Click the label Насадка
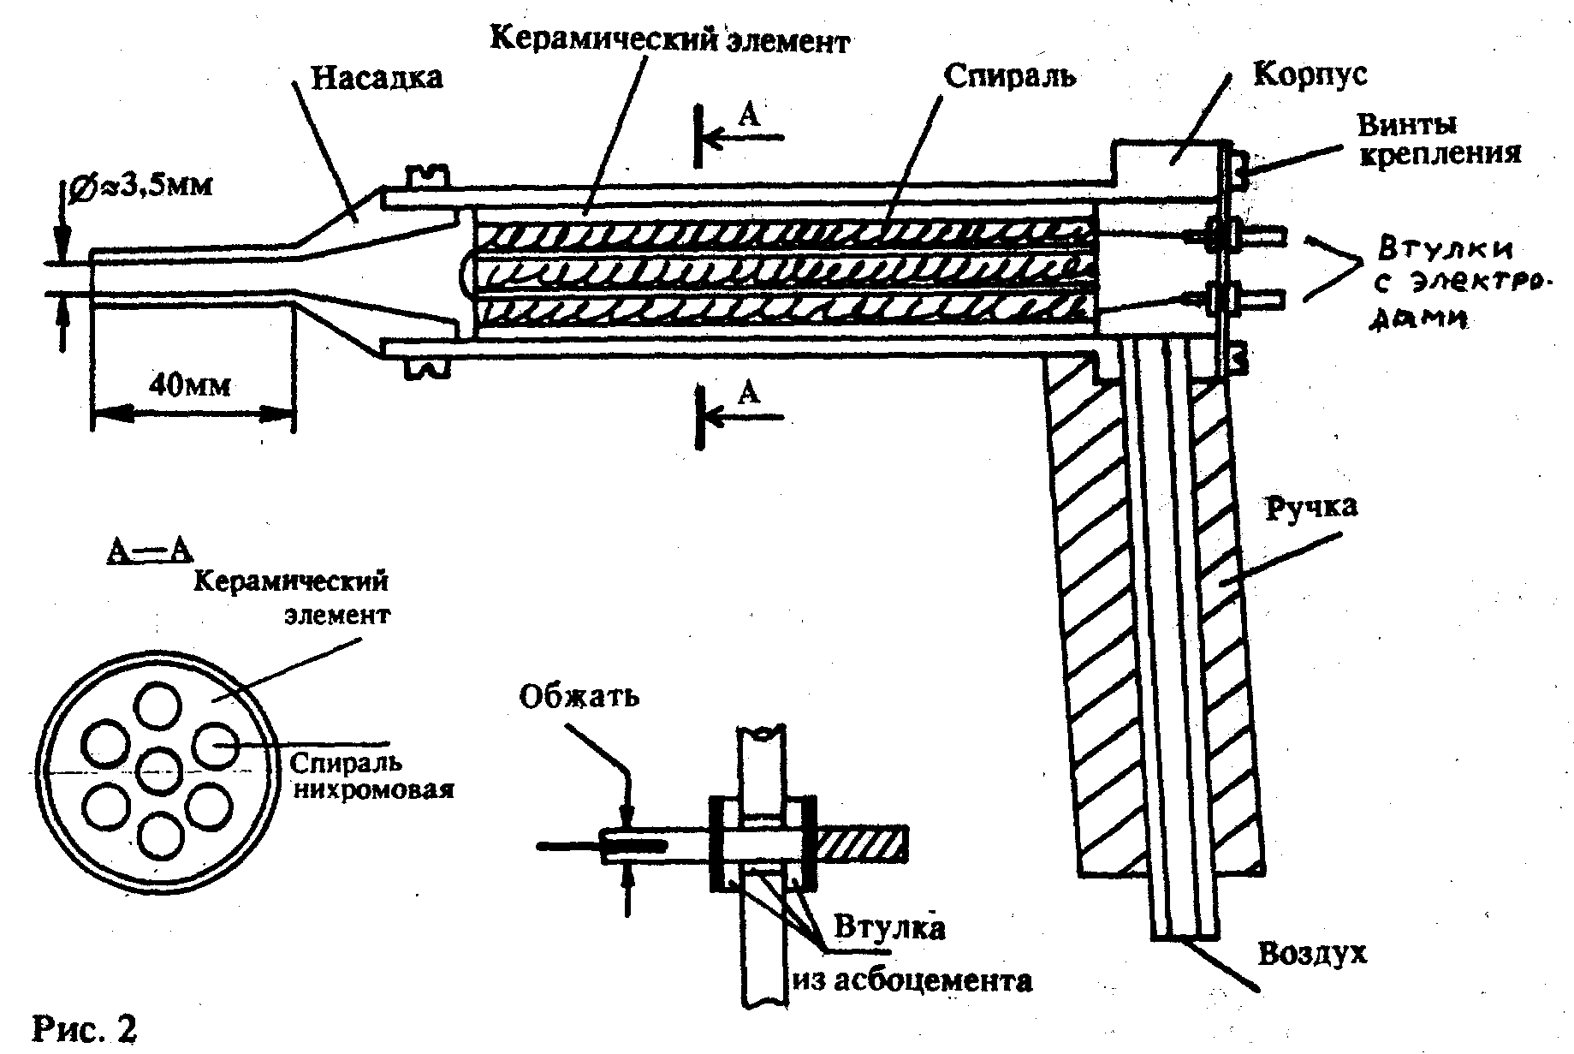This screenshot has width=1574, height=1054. pyautogui.click(x=377, y=78)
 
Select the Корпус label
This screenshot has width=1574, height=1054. pyautogui.click(x=1310, y=74)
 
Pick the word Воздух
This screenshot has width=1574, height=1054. pyautogui.click(x=1311, y=953)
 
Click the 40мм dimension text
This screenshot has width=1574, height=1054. pyautogui.click(x=189, y=385)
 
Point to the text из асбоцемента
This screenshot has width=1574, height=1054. pyautogui.click(x=912, y=980)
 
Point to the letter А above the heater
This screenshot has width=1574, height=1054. pyautogui.click(x=749, y=116)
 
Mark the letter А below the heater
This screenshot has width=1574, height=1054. pyautogui.click(x=749, y=393)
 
